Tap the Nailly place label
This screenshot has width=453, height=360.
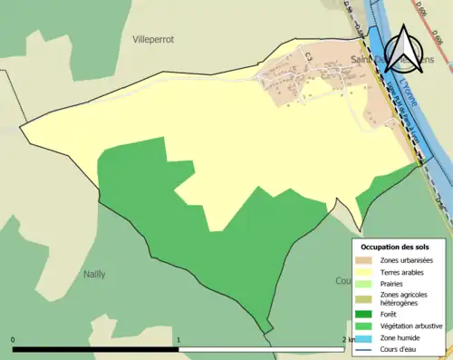coord(94,273)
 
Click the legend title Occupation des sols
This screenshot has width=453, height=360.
coord(395,247)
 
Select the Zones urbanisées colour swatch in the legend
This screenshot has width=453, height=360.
coord(366,260)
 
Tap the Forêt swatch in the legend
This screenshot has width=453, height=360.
coord(366,315)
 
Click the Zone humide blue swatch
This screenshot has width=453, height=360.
coord(366,337)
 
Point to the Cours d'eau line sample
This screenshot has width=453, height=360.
coord(366,348)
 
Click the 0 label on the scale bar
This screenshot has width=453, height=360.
coord(14,340)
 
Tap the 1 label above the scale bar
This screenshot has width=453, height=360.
coord(178,340)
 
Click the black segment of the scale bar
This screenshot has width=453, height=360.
coord(95,348)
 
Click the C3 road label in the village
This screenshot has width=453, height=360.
coord(309,57)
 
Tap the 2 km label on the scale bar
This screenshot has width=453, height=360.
coord(349,340)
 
